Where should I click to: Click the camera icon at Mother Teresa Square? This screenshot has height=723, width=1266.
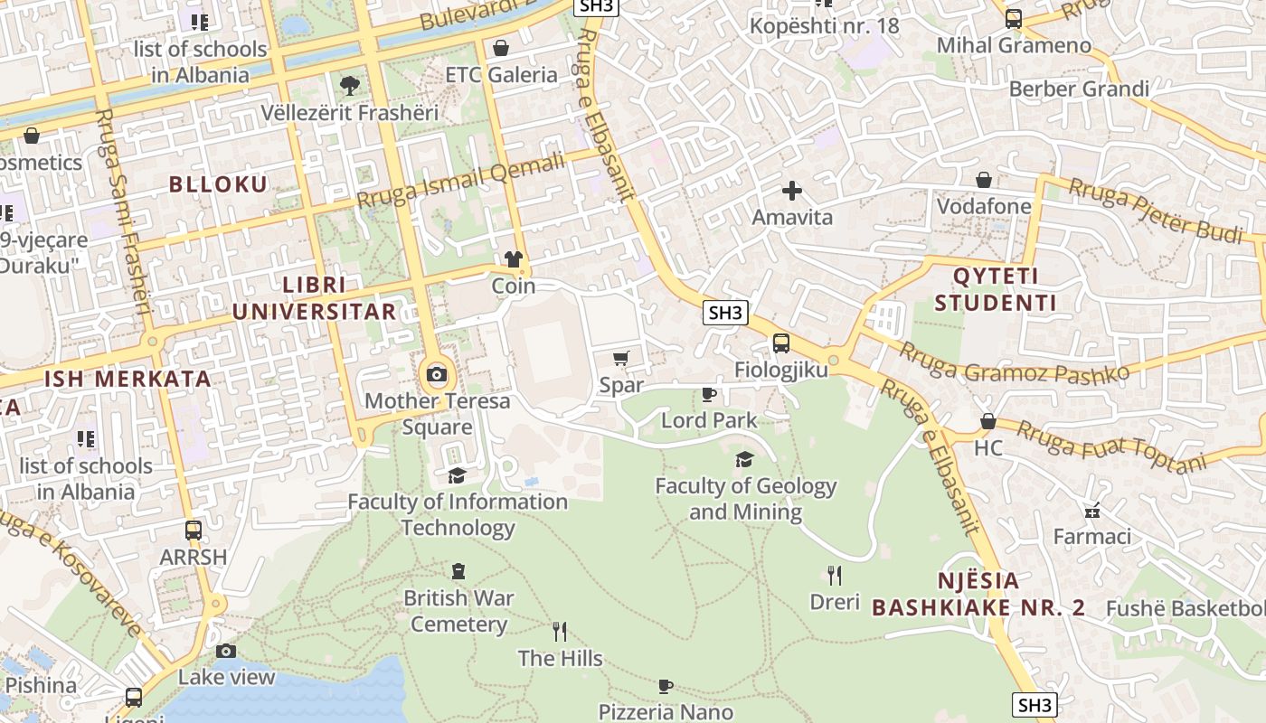tap(437, 374)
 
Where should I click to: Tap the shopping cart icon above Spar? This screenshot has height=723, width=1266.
tap(621, 359)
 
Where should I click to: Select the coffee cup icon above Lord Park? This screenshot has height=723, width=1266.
tap(709, 394)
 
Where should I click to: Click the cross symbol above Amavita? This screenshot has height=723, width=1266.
tap(792, 191)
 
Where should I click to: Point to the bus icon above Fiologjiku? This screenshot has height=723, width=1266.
tap(780, 343)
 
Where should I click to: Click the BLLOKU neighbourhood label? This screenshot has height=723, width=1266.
tap(219, 184)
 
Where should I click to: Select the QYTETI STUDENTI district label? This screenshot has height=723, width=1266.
tap(996, 289)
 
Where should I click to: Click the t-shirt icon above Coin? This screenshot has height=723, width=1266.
tap(514, 260)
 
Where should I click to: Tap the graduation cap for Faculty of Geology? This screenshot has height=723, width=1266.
tap(744, 460)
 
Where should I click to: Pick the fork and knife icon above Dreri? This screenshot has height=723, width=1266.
tap(835, 575)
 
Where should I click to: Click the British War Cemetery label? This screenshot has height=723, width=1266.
tap(458, 611)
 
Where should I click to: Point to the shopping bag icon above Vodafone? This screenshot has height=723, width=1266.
tap(983, 181)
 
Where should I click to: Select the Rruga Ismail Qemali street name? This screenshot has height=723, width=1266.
tap(460, 179)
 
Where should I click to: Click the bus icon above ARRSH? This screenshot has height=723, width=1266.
tap(193, 531)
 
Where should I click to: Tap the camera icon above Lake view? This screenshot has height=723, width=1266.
tap(226, 651)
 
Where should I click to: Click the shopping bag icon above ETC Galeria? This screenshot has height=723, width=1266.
tap(501, 48)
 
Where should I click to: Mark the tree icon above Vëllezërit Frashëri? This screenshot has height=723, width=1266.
tap(349, 87)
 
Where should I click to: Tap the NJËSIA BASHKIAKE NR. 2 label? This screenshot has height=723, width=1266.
tap(978, 594)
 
